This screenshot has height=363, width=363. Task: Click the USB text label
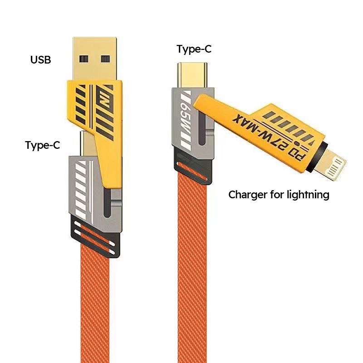40,60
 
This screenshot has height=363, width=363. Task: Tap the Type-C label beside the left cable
43,145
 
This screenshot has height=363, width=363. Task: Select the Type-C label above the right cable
194,49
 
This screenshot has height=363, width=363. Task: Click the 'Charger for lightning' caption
279,195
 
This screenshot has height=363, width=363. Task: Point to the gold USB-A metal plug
95,59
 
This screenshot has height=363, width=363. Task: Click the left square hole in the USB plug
84,59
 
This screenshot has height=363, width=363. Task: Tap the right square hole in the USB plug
105,59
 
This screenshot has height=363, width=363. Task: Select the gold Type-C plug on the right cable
192,75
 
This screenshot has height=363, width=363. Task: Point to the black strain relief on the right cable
193,166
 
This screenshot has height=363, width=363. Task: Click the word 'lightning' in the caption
308,195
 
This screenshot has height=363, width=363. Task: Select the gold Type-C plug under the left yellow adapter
88,143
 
